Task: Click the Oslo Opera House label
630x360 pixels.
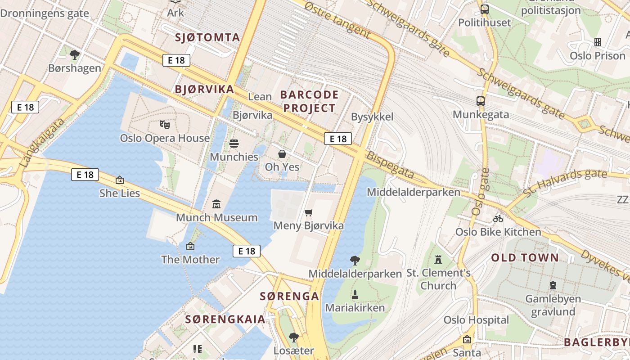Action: [165, 138]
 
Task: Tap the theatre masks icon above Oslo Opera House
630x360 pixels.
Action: [165, 124]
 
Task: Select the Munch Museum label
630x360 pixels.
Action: [216, 218]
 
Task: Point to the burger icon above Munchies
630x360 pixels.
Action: [234, 144]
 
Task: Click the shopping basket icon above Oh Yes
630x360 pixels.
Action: [282, 154]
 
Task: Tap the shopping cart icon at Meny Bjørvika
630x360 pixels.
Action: [308, 212]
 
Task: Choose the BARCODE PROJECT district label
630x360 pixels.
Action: [309, 101]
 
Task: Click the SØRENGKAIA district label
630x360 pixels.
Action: [225, 319]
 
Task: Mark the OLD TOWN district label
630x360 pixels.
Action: [525, 258]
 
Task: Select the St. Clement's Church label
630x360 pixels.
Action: [438, 279]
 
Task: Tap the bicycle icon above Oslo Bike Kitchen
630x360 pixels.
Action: [498, 219]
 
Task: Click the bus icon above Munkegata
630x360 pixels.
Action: [481, 101]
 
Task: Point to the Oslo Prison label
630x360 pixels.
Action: [598, 56]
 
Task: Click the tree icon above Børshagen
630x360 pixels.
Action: [75, 55]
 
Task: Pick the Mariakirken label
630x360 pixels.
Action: [355, 308]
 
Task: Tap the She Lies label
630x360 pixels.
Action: [120, 193]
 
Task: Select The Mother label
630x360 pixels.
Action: [190, 260]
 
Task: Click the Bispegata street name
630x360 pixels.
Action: [390, 165]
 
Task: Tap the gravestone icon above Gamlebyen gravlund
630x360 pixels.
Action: [553, 285]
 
